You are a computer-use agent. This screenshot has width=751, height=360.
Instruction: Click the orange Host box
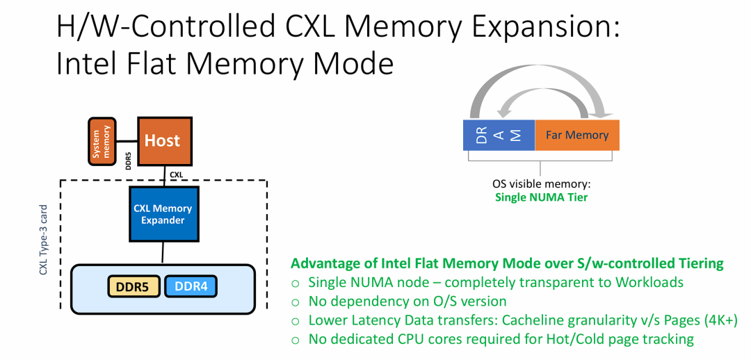pos(162,141)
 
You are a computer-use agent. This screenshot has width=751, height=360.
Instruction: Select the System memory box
pos(102,142)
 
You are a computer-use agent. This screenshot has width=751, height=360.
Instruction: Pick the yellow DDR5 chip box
pos(133,286)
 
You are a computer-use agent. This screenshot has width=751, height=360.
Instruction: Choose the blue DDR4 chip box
pos(191,286)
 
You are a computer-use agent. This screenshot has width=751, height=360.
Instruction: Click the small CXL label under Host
pos(176,174)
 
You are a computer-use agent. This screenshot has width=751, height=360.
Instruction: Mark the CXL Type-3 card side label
pos(44,240)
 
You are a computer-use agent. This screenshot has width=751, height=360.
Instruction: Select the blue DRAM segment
pos(499,135)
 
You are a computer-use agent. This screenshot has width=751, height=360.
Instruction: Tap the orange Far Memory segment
pos(576,135)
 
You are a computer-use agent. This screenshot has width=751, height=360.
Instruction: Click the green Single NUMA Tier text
pos(540,197)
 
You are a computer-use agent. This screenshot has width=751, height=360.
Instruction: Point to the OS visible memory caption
pos(540,184)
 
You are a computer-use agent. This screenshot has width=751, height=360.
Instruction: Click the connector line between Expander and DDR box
pos(162,252)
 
